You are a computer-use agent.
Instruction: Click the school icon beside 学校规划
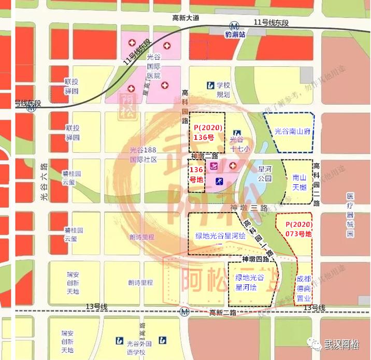(210, 85)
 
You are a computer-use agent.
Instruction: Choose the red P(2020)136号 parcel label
(207, 133)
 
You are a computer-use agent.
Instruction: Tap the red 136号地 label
(195, 175)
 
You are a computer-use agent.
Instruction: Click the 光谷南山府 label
(292, 132)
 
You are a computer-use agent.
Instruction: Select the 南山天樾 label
(299, 182)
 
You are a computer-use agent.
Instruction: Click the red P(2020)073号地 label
(295, 229)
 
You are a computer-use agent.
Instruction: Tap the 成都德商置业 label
(304, 289)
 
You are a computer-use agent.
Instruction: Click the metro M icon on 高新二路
(185, 312)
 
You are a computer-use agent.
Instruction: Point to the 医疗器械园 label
(350, 215)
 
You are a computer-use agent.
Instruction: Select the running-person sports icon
(219, 181)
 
